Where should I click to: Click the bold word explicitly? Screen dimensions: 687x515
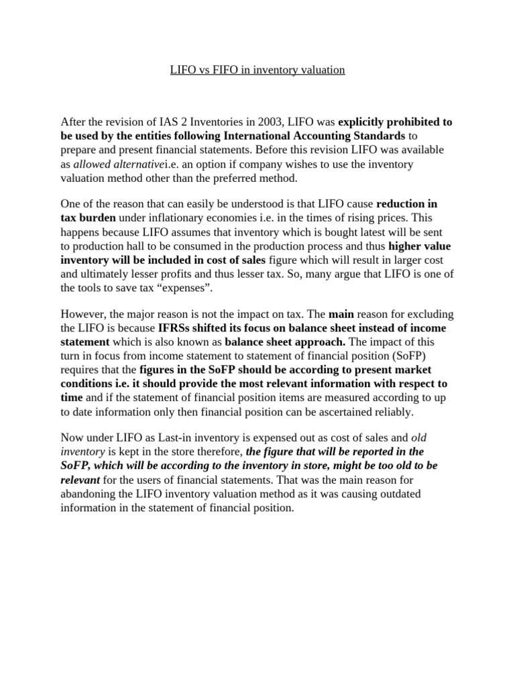pyautogui.click(x=361, y=121)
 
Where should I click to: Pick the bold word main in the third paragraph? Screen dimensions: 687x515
pyautogui.click(x=341, y=314)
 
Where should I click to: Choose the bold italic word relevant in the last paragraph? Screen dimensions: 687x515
pyautogui.click(x=80, y=480)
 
